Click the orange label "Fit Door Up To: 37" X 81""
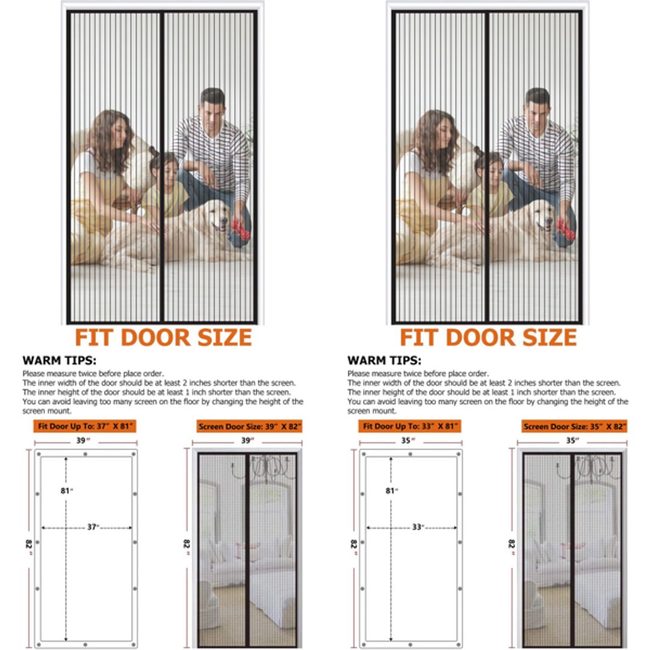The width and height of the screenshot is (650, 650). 85,426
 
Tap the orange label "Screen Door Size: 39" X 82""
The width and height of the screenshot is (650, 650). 250,426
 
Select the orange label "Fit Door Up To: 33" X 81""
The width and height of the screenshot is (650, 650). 410,426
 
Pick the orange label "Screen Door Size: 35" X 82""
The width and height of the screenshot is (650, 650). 575,426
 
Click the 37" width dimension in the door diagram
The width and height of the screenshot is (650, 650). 93,527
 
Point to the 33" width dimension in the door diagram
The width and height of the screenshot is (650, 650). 418,527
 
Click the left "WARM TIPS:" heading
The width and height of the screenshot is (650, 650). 59,361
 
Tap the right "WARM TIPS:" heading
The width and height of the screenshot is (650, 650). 384,361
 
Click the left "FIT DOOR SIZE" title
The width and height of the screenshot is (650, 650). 162,337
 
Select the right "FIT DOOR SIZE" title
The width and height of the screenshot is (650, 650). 488,337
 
